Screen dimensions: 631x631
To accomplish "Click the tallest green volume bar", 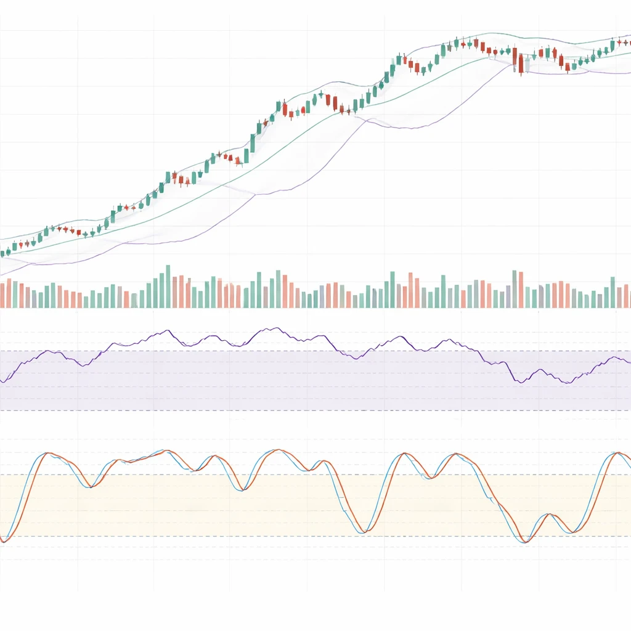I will [168, 287].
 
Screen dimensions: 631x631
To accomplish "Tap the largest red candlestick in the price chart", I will [521, 64].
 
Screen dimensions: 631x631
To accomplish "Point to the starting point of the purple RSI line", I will [2, 381].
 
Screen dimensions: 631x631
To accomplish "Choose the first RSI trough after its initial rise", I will [84, 366].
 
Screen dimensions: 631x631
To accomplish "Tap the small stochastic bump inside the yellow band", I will [547, 515].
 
